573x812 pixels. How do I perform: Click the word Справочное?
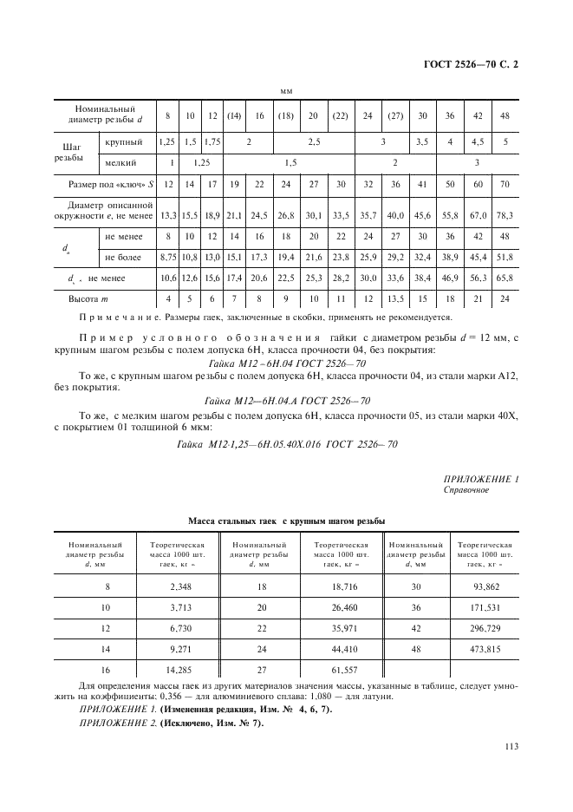pyautogui.click(x=466, y=490)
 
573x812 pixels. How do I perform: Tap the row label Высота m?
pyautogui.click(x=89, y=298)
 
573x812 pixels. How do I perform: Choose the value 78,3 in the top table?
pyautogui.click(x=505, y=215)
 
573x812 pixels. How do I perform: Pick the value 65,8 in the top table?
pyautogui.click(x=505, y=278)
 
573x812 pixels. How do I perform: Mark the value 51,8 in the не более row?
pyautogui.click(x=505, y=258)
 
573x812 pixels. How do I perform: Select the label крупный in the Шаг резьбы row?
pyautogui.click(x=124, y=141)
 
